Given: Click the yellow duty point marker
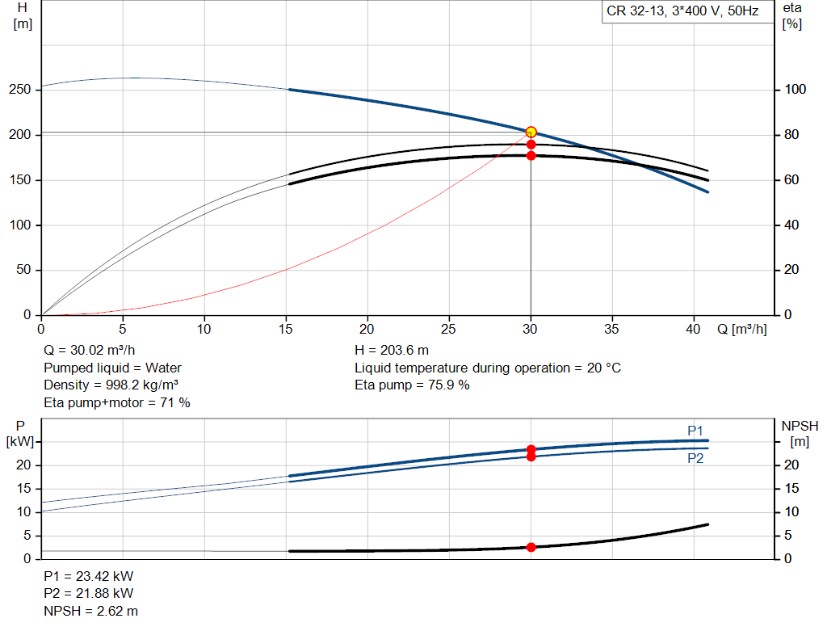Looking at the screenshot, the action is point(531,132).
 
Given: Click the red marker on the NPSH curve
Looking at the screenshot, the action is point(531,547).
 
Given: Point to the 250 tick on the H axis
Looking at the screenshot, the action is point(20,90).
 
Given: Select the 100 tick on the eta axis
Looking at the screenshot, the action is point(795,90).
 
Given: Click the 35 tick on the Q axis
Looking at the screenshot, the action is point(611,329).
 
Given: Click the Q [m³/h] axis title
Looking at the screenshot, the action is point(741,329).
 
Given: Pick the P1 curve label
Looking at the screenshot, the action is point(695,431).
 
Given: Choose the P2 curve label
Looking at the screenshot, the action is point(695,458).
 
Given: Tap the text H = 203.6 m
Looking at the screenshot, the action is point(392,351).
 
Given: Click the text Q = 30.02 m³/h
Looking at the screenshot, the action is point(89,351).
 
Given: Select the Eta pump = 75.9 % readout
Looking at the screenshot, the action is point(412,385).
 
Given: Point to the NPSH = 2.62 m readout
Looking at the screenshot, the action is point(90,611).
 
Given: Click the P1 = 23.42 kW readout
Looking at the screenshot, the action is point(89,576).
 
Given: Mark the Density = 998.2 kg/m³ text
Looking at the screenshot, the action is point(111,385).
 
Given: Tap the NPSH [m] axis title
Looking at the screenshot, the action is point(800,434).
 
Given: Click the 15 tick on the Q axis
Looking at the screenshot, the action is point(285,329).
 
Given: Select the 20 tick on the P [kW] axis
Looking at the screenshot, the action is point(23,465).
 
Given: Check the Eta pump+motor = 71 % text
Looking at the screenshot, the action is point(116,403).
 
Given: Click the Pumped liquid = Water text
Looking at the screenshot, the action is point(112,368).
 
